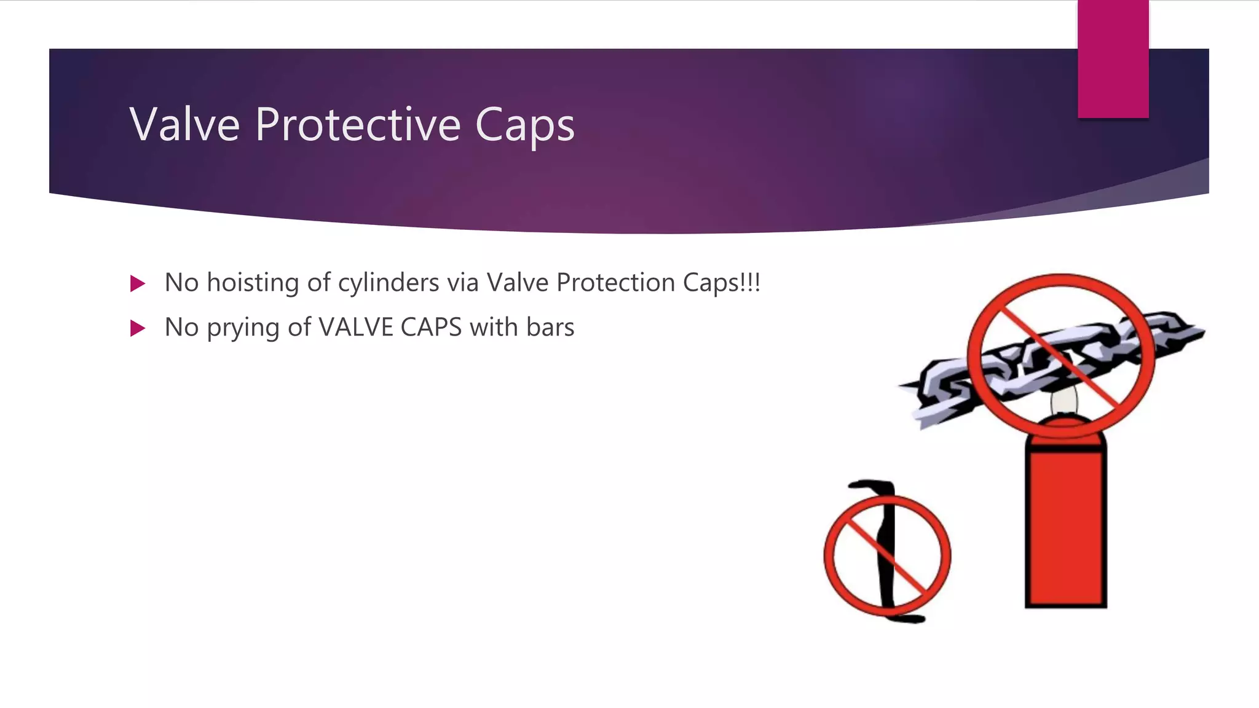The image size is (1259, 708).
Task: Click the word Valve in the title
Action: pyautogui.click(x=184, y=124)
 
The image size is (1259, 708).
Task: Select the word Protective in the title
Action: pyautogui.click(x=358, y=124)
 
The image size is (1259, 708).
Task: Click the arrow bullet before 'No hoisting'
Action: pyautogui.click(x=138, y=283)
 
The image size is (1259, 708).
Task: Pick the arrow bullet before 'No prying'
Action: pyautogui.click(x=138, y=328)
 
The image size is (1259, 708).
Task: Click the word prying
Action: pyautogui.click(x=243, y=328)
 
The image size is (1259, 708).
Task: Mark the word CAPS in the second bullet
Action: pyautogui.click(x=431, y=327)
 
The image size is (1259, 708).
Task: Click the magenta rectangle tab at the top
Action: pyautogui.click(x=1113, y=59)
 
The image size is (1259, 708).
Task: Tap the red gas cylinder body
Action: pyautogui.click(x=1065, y=529)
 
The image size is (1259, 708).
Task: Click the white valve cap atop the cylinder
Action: pyautogui.click(x=1064, y=403)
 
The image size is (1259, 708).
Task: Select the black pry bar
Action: pyautogui.click(x=886, y=553)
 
